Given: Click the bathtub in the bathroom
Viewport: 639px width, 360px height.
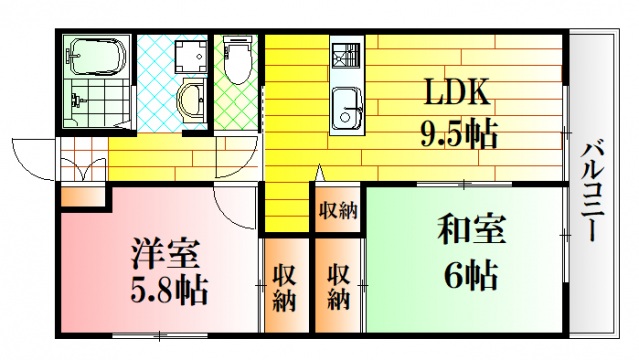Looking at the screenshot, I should (x=96, y=58).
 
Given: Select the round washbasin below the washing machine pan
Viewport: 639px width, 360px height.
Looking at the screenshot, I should (x=189, y=100).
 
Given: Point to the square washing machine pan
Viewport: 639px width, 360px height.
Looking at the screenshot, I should (x=188, y=57).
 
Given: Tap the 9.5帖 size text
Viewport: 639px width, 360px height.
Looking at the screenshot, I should (x=457, y=132).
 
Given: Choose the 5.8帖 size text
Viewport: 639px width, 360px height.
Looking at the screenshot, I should (x=167, y=291).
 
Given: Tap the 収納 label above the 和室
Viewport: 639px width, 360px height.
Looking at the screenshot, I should (x=339, y=210).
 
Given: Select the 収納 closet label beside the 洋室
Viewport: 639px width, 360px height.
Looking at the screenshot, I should (x=286, y=287).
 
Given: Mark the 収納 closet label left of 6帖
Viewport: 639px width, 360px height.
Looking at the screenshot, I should (x=339, y=287).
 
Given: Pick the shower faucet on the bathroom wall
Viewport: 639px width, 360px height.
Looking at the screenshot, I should (x=76, y=99).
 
